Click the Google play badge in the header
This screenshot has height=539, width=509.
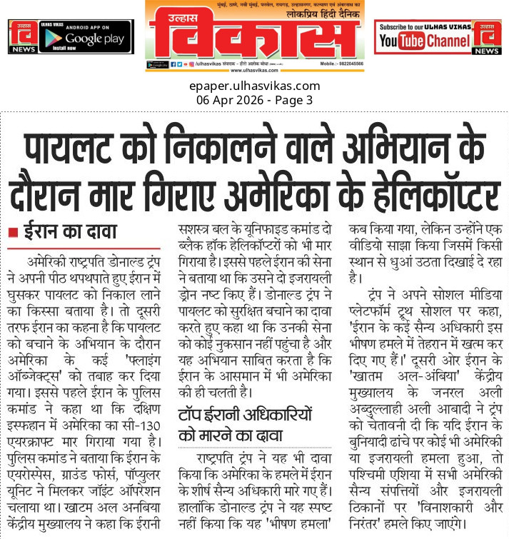tap(84, 36)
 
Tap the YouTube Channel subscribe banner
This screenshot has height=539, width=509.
tap(423, 37)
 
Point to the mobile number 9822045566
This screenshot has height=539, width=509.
tap(346, 64)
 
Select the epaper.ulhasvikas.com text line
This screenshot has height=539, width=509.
tap(254, 86)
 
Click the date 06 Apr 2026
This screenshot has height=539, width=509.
tap(230, 100)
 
